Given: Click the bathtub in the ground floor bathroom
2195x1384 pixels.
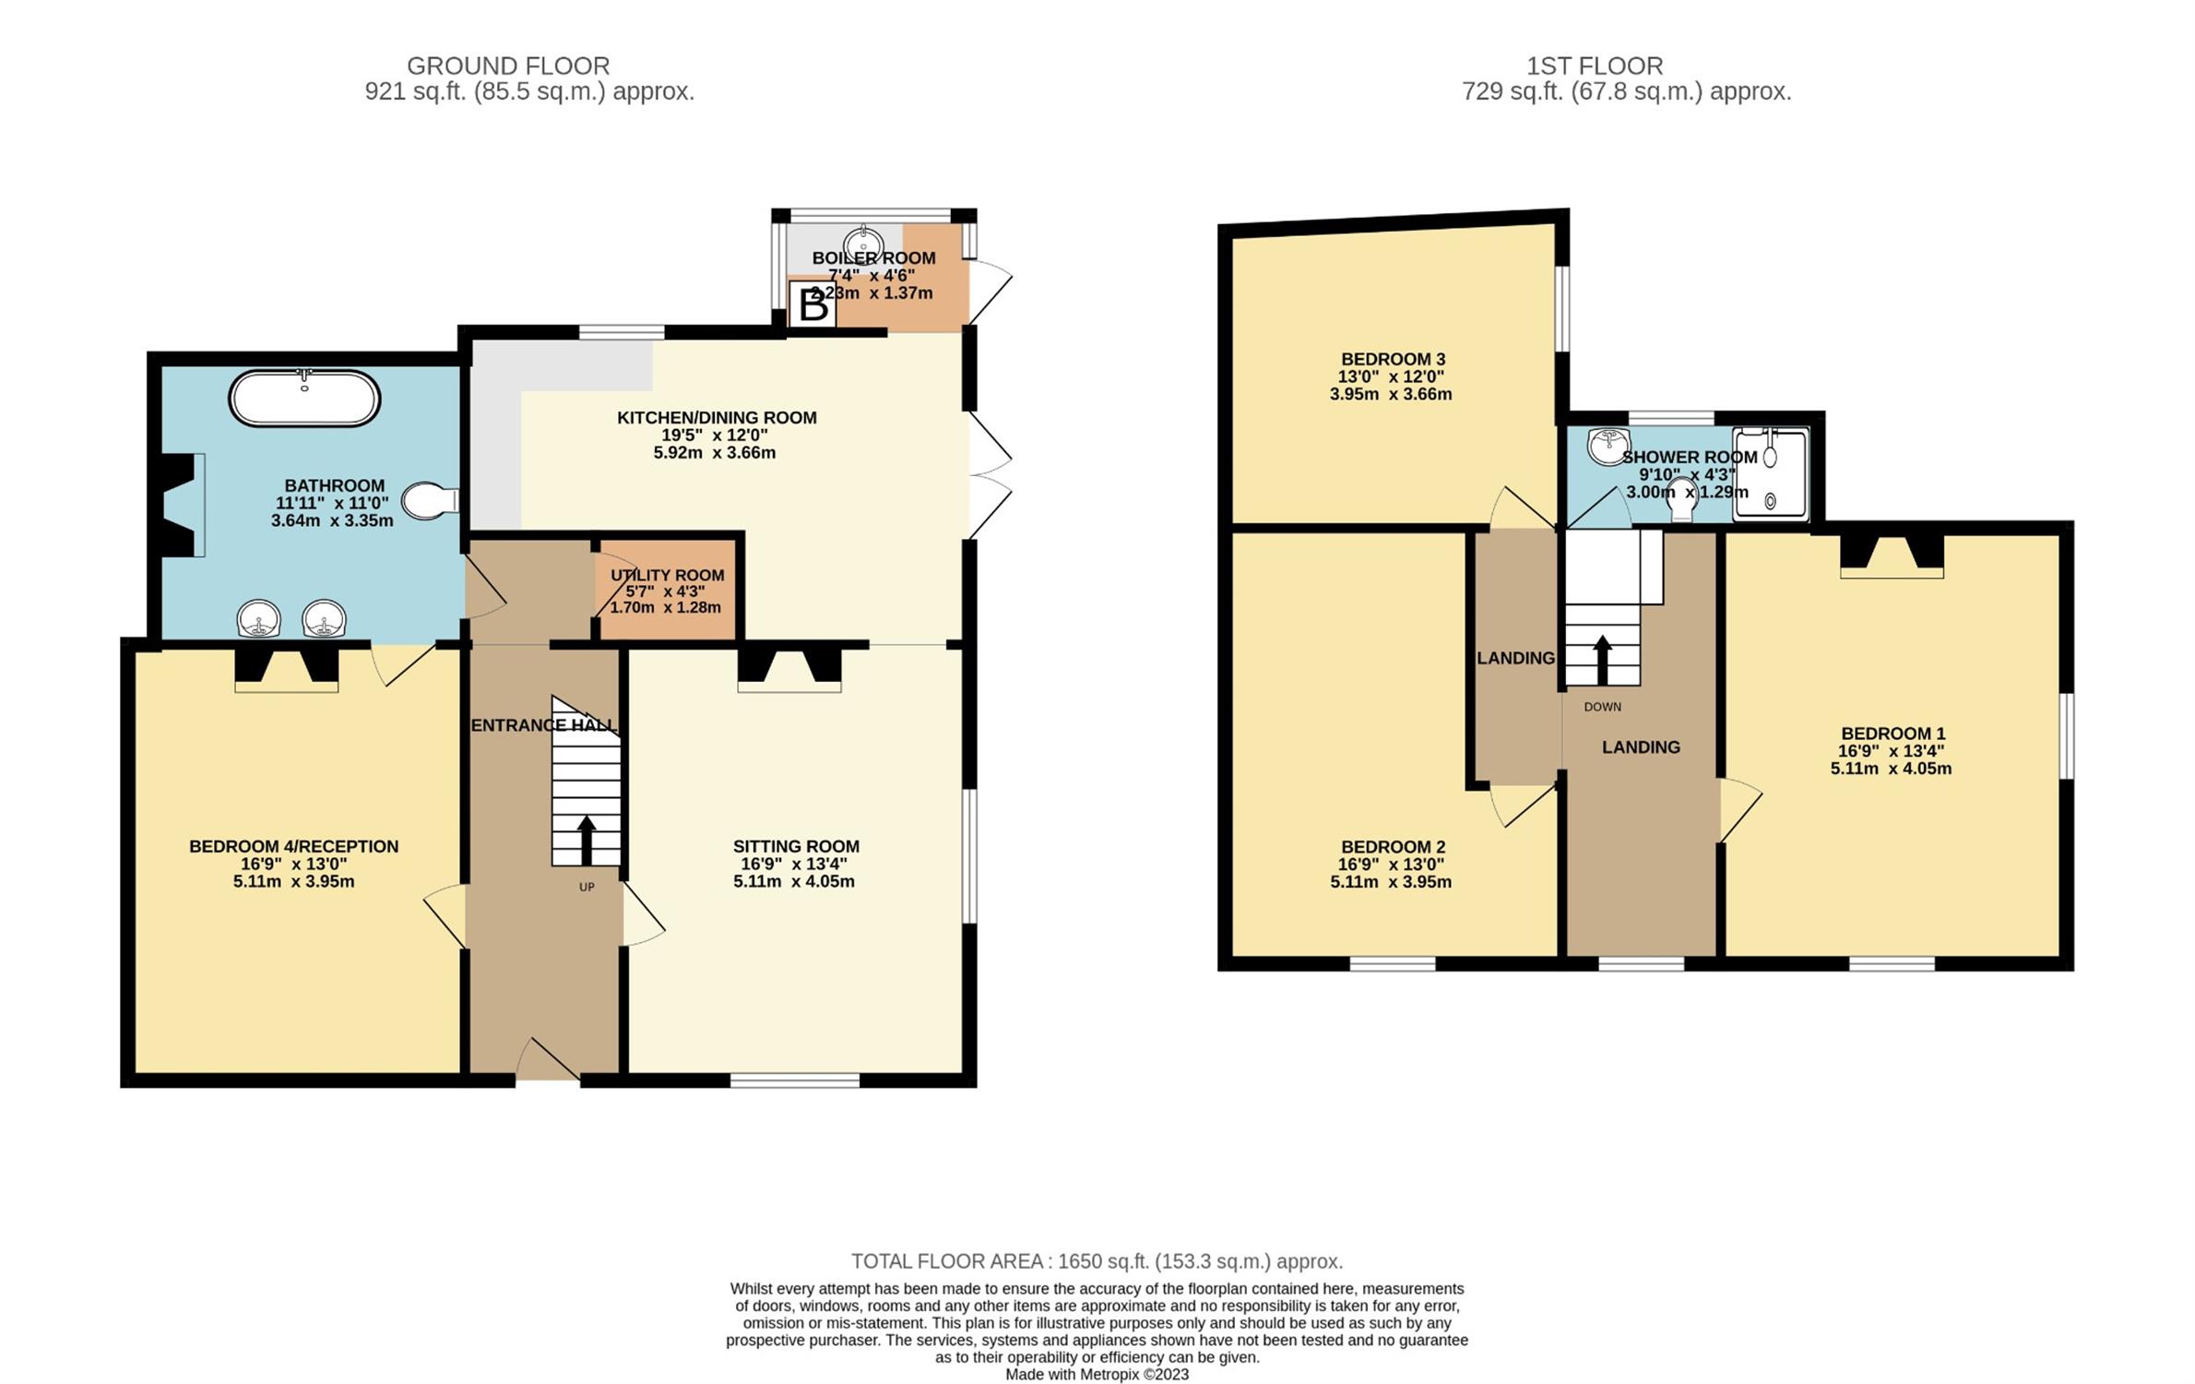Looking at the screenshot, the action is click(x=304, y=398).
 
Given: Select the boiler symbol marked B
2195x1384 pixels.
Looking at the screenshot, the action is click(x=813, y=304).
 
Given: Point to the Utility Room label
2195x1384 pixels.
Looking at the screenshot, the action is click(x=667, y=575).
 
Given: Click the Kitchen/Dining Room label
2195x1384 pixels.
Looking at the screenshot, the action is click(x=717, y=418).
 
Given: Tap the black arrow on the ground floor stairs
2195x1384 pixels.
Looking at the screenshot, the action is click(x=586, y=840).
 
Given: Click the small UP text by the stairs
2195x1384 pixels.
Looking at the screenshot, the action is click(x=587, y=888).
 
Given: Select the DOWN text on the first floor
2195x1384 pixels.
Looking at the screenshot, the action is click(x=1602, y=707).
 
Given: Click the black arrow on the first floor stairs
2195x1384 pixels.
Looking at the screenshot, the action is click(x=1602, y=660).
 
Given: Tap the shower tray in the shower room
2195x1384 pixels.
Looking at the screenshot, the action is click(x=1770, y=474).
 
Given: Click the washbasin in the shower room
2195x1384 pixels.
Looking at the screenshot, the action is click(x=1608, y=447).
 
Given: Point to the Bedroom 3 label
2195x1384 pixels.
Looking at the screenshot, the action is click(x=1393, y=359).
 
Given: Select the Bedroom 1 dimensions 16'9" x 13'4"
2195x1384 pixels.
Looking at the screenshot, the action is click(x=1891, y=751).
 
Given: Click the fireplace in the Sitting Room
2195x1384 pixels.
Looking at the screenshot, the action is click(x=789, y=667).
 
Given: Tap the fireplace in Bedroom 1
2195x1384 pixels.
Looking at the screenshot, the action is click(x=1892, y=555).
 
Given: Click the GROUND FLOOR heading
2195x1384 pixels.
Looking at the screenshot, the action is click(x=508, y=66).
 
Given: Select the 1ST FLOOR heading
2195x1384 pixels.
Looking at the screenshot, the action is click(x=1595, y=66).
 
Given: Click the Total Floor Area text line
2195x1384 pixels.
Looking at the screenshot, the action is click(x=1097, y=1261).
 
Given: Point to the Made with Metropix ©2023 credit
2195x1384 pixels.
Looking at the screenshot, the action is click(x=1097, y=1375).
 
